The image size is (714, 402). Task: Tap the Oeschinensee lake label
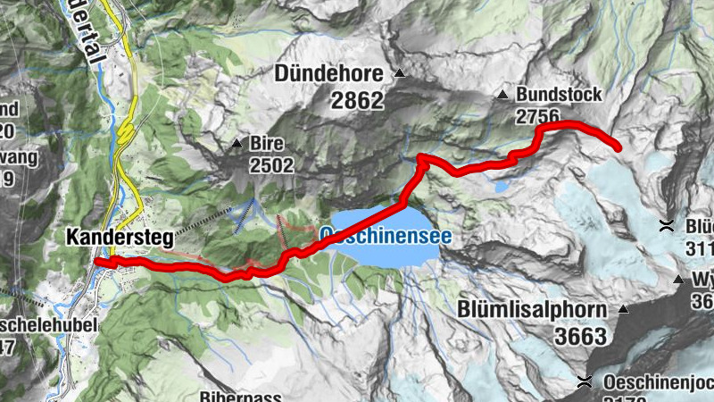(x=385, y=237)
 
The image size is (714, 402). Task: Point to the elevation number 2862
(x=356, y=101)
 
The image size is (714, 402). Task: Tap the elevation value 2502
(x=271, y=165)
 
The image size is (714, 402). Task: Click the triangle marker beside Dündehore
(x=400, y=73)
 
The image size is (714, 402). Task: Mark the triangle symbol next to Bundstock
(x=504, y=94)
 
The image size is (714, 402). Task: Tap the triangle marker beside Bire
(x=237, y=143)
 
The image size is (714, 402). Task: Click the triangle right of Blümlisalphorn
(x=623, y=310)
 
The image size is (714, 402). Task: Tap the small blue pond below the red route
(x=499, y=187)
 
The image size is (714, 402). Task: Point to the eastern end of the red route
(x=618, y=147)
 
